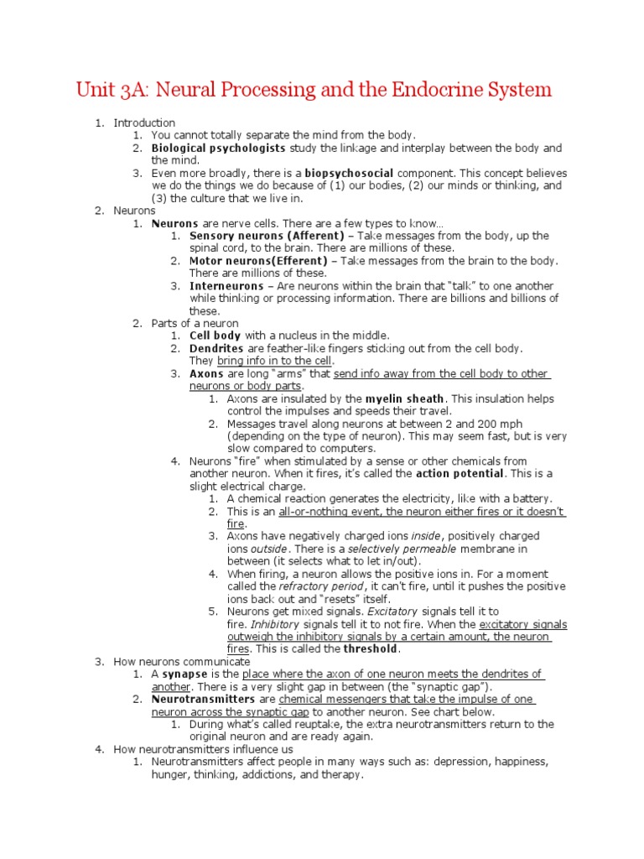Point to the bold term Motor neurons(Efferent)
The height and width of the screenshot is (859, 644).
point(258,261)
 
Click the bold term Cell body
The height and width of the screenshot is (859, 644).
point(216,336)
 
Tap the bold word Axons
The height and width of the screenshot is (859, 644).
point(206,373)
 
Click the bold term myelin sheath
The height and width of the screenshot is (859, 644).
point(406,398)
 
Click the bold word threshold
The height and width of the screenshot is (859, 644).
point(371,648)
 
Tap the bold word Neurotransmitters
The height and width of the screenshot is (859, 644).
point(203,699)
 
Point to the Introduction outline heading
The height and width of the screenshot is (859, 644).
point(144,122)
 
